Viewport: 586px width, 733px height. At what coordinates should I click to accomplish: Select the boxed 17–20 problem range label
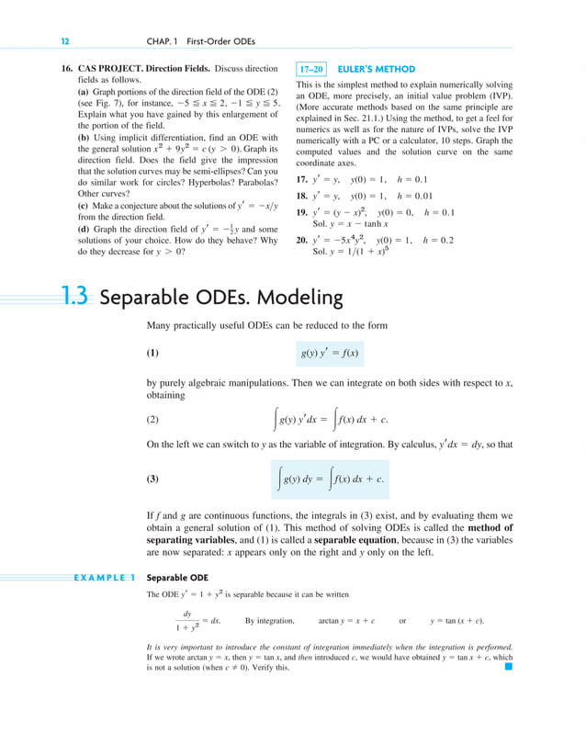[x=310, y=69]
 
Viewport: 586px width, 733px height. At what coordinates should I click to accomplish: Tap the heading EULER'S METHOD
[x=377, y=69]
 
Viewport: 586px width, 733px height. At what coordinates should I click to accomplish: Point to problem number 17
[x=301, y=179]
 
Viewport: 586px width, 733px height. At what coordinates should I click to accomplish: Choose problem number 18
[x=301, y=196]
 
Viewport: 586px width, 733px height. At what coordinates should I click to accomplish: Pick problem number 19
[x=301, y=212]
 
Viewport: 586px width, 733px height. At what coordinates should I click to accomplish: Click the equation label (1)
[x=153, y=353]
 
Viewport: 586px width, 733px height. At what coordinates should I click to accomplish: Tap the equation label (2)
[x=153, y=421]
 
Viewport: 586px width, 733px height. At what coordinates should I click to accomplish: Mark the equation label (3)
[x=153, y=479]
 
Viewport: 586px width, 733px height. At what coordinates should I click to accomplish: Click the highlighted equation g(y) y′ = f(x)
[x=330, y=353]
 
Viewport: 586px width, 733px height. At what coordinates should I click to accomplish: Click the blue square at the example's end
[x=508, y=668]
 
